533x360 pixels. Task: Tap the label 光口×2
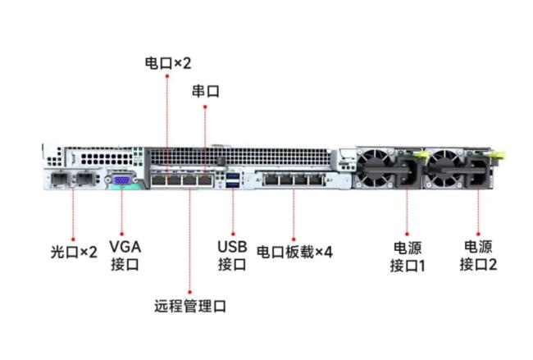(74, 252)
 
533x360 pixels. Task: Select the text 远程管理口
(190, 307)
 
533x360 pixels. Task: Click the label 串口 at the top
(205, 91)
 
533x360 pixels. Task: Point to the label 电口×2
(167, 62)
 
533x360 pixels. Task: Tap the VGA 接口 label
(125, 256)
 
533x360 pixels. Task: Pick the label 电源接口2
(478, 255)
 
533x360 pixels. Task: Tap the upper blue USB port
(233, 175)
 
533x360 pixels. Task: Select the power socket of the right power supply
(478, 176)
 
